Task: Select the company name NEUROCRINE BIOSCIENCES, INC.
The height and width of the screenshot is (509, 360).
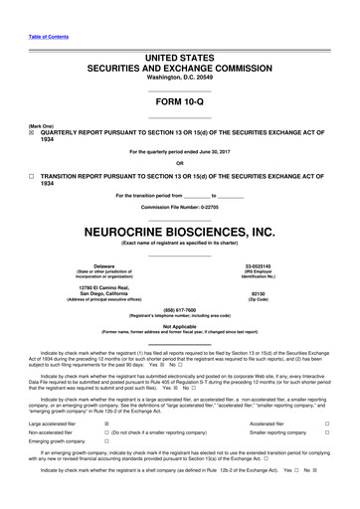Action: (179, 231)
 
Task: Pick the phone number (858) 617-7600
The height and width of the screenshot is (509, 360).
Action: (180, 308)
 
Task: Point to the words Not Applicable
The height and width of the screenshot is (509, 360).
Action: (180, 325)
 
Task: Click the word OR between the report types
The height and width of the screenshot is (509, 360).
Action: (180, 163)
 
